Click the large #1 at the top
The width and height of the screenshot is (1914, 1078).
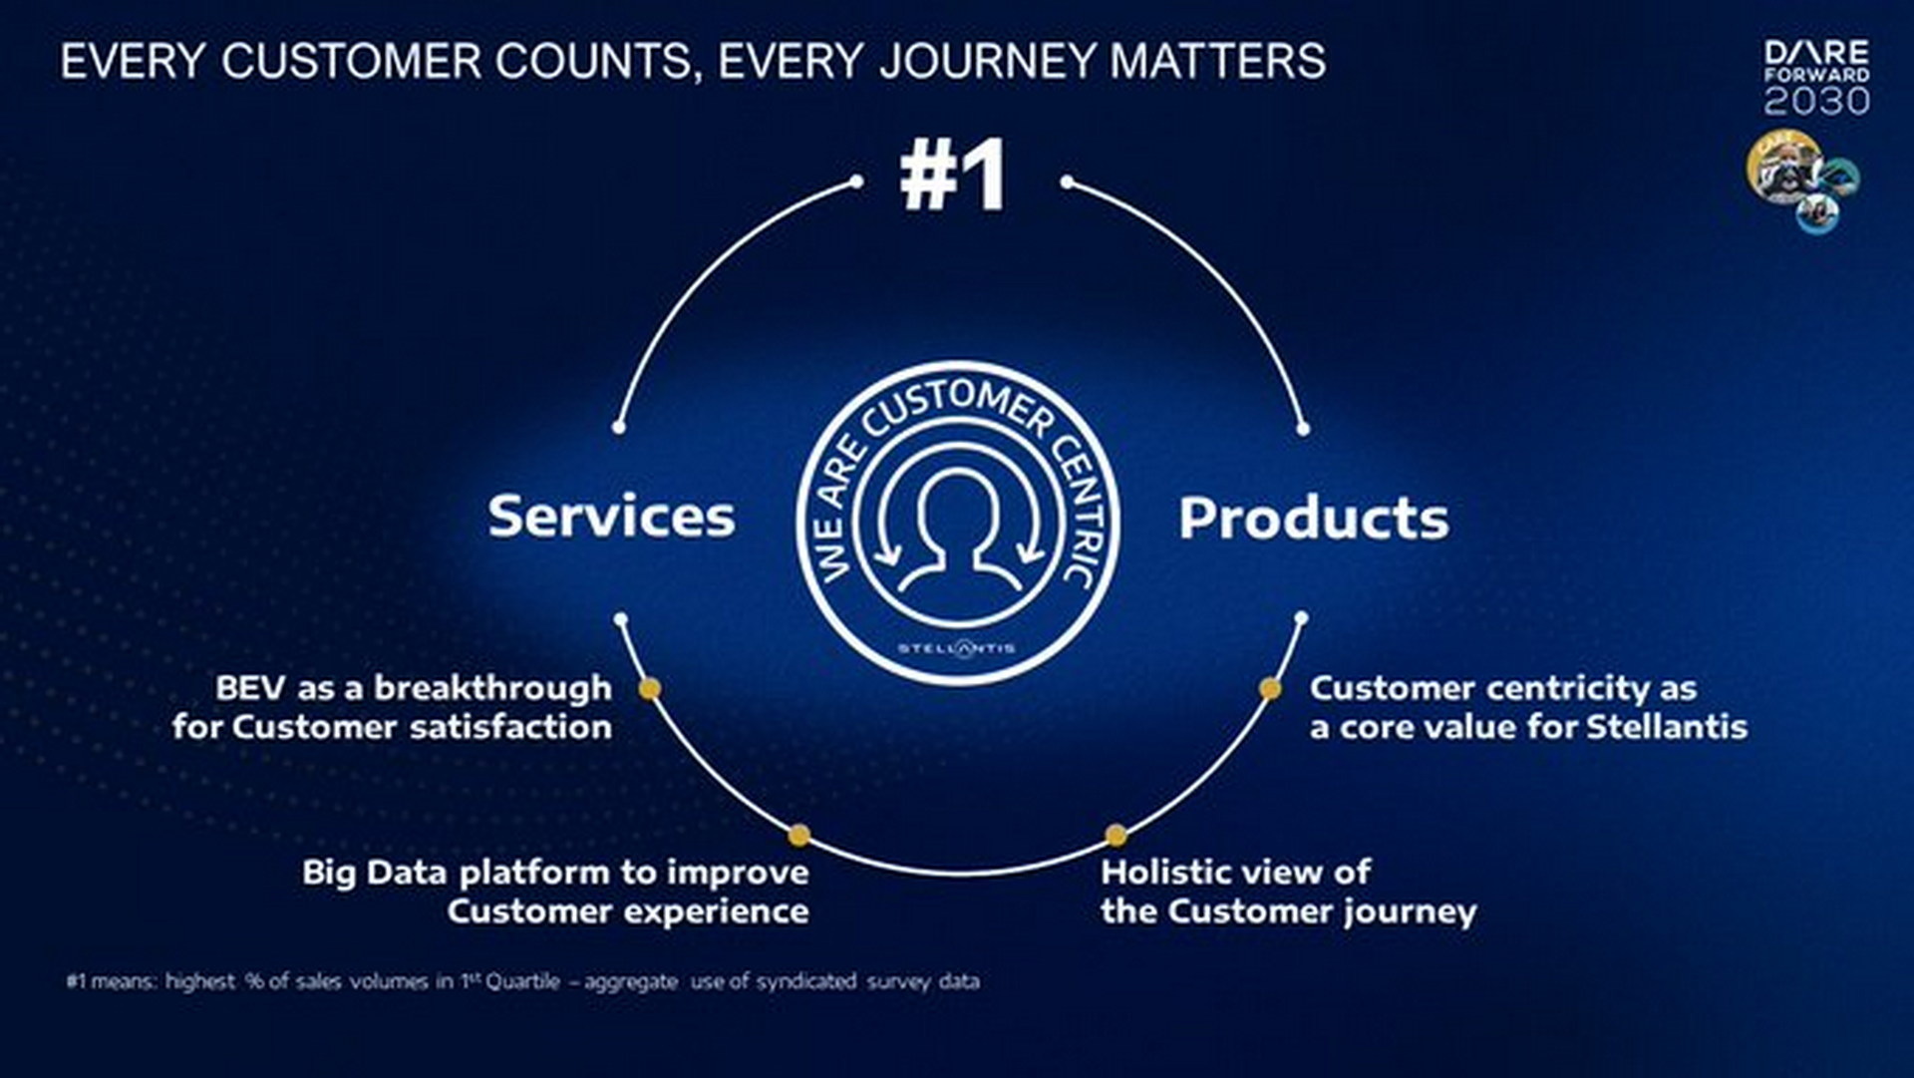(953, 176)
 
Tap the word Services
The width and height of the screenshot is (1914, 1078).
(611, 517)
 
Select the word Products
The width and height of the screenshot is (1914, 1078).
(1313, 519)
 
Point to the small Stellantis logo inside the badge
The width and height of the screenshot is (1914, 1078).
(956, 648)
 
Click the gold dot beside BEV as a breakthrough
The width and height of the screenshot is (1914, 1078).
(650, 689)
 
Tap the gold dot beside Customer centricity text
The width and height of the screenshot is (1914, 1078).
(1270, 688)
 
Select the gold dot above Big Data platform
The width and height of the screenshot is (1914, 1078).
(799, 835)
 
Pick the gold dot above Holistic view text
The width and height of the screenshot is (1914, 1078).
(1116, 835)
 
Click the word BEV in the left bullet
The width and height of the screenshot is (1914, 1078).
(249, 688)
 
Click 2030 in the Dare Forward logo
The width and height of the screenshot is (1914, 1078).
(1816, 102)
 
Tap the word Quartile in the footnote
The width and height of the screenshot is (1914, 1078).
(522, 981)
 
